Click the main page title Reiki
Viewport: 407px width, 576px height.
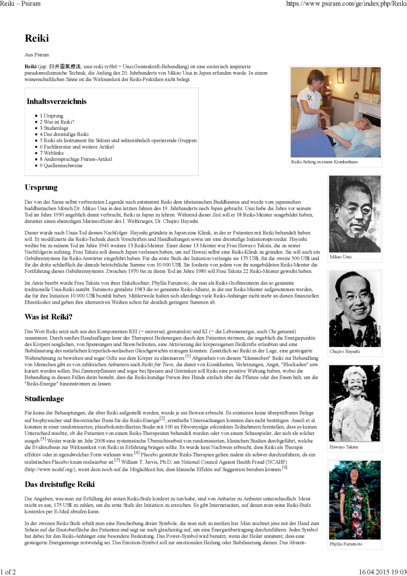click(x=37, y=38)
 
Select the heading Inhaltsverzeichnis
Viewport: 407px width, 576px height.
click(x=57, y=101)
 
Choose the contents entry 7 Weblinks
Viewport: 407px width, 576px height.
click(x=52, y=153)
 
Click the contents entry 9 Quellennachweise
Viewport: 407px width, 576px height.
click(x=61, y=165)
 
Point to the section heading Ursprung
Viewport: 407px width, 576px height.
click(x=41, y=187)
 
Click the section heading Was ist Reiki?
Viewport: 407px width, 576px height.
click(x=49, y=317)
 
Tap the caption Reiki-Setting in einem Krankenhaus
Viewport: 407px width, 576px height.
click(x=324, y=162)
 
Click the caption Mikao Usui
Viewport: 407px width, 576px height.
click(x=341, y=257)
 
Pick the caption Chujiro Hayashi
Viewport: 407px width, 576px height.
click(x=345, y=351)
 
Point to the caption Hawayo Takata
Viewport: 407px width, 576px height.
click(x=344, y=447)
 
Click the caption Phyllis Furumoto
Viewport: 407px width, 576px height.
click(x=346, y=544)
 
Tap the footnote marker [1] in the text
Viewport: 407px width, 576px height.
click(x=188, y=356)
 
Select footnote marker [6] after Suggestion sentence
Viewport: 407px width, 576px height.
click(x=285, y=467)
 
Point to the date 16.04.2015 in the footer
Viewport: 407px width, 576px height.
click(x=374, y=572)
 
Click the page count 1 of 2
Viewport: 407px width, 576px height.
click(x=8, y=572)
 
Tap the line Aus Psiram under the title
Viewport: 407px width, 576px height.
click(x=37, y=55)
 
